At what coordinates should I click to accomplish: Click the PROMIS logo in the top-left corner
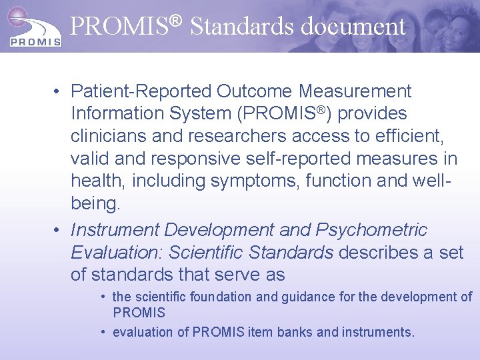(33, 27)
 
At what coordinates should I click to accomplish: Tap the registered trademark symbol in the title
(174, 19)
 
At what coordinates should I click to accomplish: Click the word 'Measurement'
(355, 91)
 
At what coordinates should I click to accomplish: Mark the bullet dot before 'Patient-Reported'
(59, 91)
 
